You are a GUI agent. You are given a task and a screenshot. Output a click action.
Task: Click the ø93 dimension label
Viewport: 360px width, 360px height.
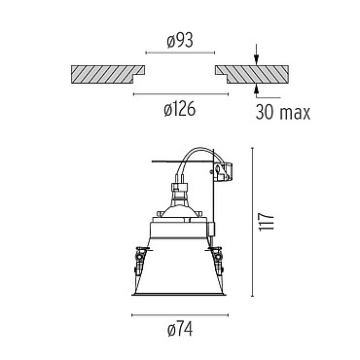(x=180, y=41)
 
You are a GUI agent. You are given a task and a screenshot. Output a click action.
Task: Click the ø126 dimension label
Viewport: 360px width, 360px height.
(x=180, y=109)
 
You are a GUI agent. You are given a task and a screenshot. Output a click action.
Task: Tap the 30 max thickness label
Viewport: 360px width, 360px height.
(x=283, y=112)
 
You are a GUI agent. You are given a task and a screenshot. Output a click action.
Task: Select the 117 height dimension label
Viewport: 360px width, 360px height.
(x=267, y=222)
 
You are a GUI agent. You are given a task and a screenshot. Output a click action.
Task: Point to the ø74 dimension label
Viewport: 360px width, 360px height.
(x=180, y=330)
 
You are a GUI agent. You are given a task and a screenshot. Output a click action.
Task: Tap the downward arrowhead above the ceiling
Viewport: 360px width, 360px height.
(x=256, y=59)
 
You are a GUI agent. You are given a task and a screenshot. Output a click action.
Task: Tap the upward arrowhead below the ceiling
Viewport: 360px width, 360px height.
(x=256, y=89)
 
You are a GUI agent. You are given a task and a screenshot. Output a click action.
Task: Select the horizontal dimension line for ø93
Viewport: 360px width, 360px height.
(x=180, y=53)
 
